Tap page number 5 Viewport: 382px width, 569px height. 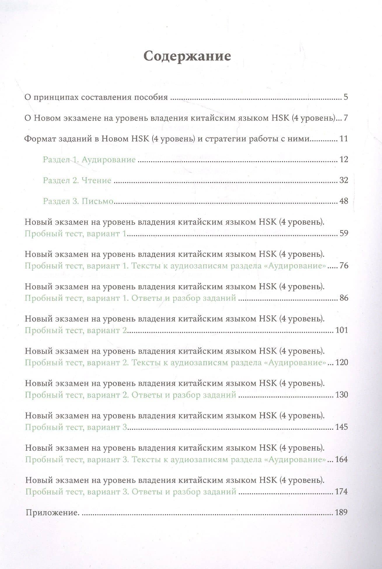(x=346, y=97)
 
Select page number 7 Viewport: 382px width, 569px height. (x=346, y=118)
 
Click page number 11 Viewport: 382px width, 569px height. (x=343, y=139)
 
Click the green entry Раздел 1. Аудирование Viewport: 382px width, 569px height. (x=89, y=160)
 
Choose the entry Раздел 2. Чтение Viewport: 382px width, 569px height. (x=77, y=180)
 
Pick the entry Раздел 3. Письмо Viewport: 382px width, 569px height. (x=78, y=201)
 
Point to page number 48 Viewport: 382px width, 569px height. (x=343, y=201)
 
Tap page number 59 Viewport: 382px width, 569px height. (x=343, y=234)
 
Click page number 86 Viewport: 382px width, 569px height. (x=343, y=298)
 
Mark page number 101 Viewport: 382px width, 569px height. (x=342, y=330)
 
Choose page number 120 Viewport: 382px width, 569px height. (x=342, y=363)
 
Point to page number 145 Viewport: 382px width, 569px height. (x=342, y=427)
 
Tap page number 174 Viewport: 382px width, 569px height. (x=342, y=492)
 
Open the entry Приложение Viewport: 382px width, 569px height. (x=53, y=513)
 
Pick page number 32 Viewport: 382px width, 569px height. (x=343, y=180)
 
